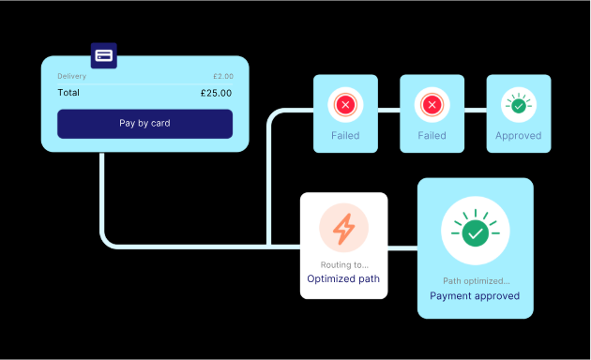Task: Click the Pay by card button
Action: (144, 123)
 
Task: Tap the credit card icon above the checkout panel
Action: (104, 55)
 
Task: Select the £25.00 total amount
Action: (216, 93)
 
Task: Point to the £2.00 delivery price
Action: (223, 76)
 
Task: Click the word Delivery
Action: (71, 76)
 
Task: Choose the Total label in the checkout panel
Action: (68, 93)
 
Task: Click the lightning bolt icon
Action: (344, 228)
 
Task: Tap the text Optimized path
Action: (344, 279)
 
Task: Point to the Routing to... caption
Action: (344, 265)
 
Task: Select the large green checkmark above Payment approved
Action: (476, 231)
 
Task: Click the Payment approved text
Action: (475, 296)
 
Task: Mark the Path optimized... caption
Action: (475, 281)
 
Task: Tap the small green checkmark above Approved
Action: (519, 106)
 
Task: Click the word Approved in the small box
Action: (519, 136)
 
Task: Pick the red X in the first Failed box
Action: (345, 106)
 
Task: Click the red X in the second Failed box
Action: (432, 106)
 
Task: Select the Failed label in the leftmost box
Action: (345, 136)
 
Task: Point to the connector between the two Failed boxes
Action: (388, 111)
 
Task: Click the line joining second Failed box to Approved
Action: (475, 111)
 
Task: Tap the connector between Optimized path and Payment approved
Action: (402, 247)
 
